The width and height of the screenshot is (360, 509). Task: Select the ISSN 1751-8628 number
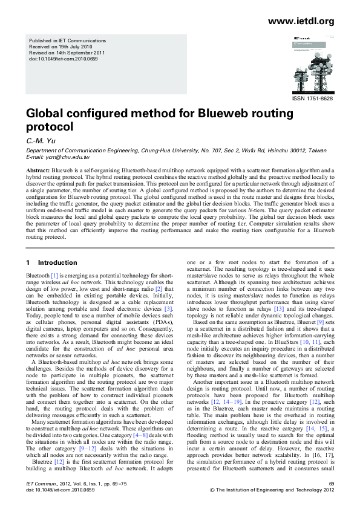point(313,99)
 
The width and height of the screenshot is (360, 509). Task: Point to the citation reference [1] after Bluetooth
point(54,275)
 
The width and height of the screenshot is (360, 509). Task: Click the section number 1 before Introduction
point(27,263)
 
